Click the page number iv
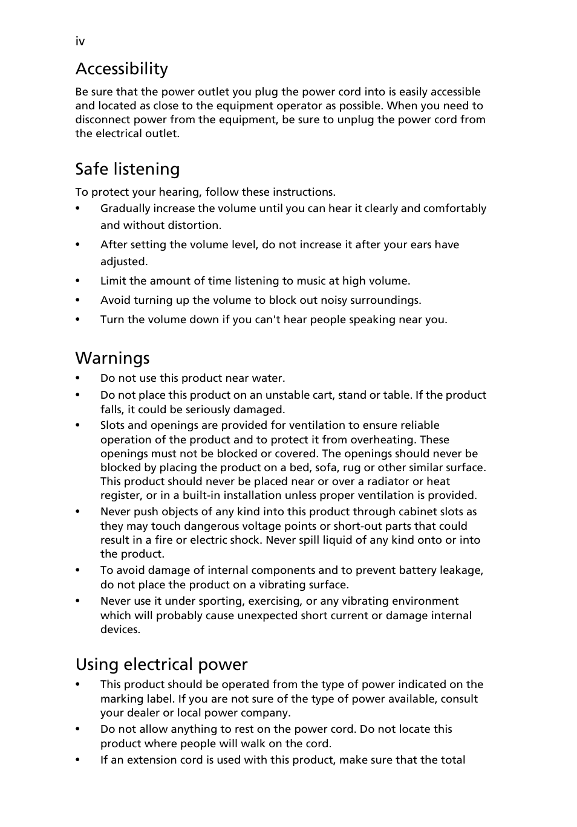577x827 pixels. [x=80, y=41]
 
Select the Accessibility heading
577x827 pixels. [x=122, y=69]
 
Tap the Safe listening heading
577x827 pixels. [x=128, y=169]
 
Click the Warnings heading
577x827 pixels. [x=112, y=358]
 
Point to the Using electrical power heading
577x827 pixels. [x=161, y=664]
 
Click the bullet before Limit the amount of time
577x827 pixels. [x=78, y=282]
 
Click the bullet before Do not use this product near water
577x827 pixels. [x=78, y=379]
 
